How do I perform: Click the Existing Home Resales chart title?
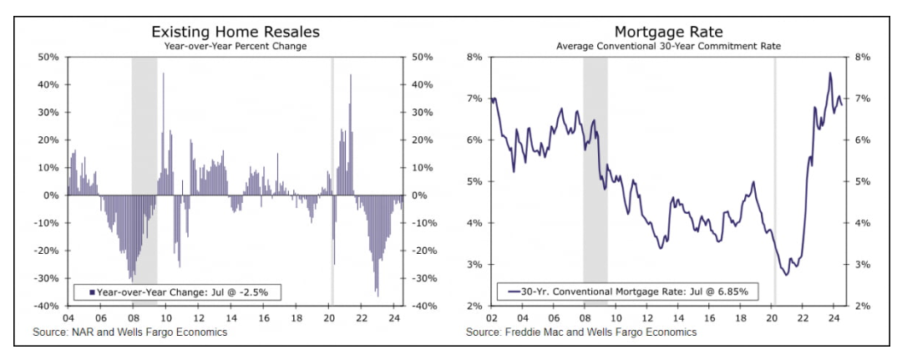click(x=235, y=31)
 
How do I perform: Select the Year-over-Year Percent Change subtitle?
click(x=235, y=46)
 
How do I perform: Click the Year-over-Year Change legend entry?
click(x=177, y=292)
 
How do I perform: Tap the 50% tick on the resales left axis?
click(x=48, y=57)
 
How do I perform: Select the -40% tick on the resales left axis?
click(x=45, y=307)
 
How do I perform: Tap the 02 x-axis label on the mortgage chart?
click(x=491, y=318)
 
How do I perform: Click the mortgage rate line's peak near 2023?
click(x=830, y=73)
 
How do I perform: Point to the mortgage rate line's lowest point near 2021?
click(x=787, y=275)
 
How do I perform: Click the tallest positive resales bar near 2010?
click(x=163, y=74)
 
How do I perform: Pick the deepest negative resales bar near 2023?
click(x=378, y=295)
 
